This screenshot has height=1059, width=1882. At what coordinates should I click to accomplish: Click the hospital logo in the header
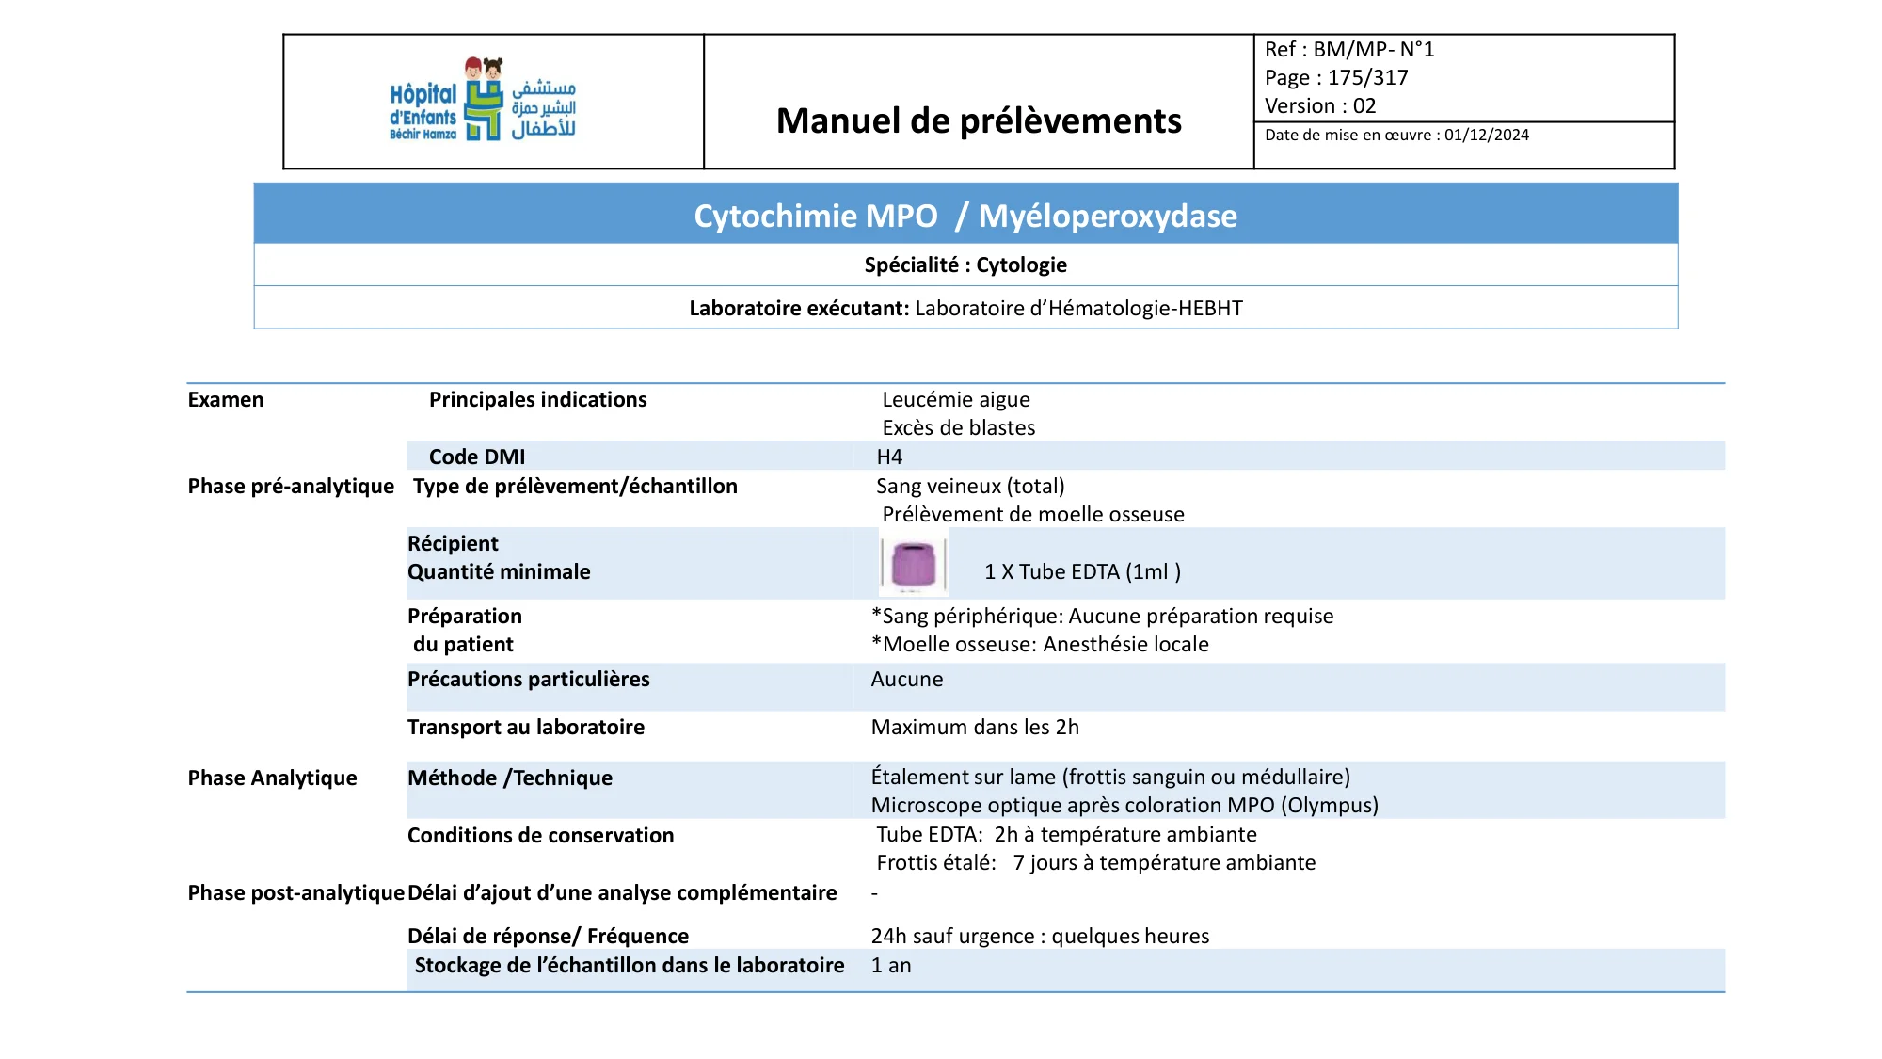pyautogui.click(x=483, y=100)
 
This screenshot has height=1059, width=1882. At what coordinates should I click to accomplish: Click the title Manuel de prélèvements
pyautogui.click(x=979, y=120)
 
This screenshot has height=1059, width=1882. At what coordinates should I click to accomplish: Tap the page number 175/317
pyautogui.click(x=1367, y=78)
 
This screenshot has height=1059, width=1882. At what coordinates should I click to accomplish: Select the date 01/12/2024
pyautogui.click(x=1487, y=136)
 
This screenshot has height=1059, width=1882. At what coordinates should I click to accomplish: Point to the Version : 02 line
pyautogui.click(x=1320, y=106)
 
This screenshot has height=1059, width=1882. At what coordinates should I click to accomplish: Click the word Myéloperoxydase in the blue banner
pyautogui.click(x=1108, y=217)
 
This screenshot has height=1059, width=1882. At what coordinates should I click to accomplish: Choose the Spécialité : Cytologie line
pyautogui.click(x=965, y=265)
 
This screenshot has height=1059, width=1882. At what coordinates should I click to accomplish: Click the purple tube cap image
pyautogui.click(x=913, y=564)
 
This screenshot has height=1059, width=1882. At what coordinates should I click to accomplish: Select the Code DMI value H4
pyautogui.click(x=889, y=457)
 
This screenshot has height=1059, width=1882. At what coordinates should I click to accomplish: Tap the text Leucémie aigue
pyautogui.click(x=956, y=400)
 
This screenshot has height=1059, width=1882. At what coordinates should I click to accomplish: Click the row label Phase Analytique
pyautogui.click(x=272, y=778)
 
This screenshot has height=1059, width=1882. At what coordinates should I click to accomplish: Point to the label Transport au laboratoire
pyautogui.click(x=525, y=728)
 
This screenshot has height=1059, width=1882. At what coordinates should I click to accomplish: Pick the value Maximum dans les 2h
pyautogui.click(x=975, y=728)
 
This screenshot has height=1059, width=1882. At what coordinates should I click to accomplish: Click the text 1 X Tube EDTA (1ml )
pyautogui.click(x=1082, y=572)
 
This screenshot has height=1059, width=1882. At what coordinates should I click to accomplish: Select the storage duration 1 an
pyautogui.click(x=891, y=966)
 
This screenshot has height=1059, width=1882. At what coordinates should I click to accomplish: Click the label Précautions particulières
pyautogui.click(x=528, y=680)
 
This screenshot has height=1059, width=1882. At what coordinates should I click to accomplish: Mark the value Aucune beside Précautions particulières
pyautogui.click(x=906, y=680)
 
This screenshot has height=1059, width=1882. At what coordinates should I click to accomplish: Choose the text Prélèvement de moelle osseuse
pyautogui.click(x=1032, y=515)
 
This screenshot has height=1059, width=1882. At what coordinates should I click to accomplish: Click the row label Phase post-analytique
pyautogui.click(x=295, y=893)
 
